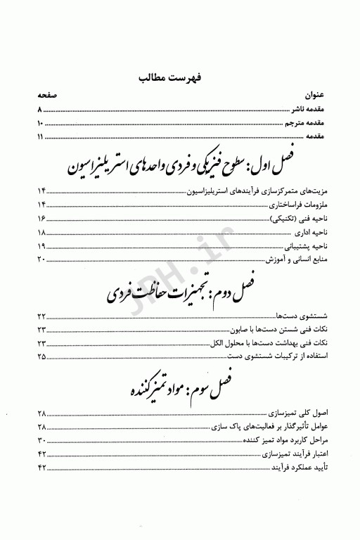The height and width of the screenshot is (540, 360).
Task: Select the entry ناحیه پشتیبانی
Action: pos(303,246)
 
